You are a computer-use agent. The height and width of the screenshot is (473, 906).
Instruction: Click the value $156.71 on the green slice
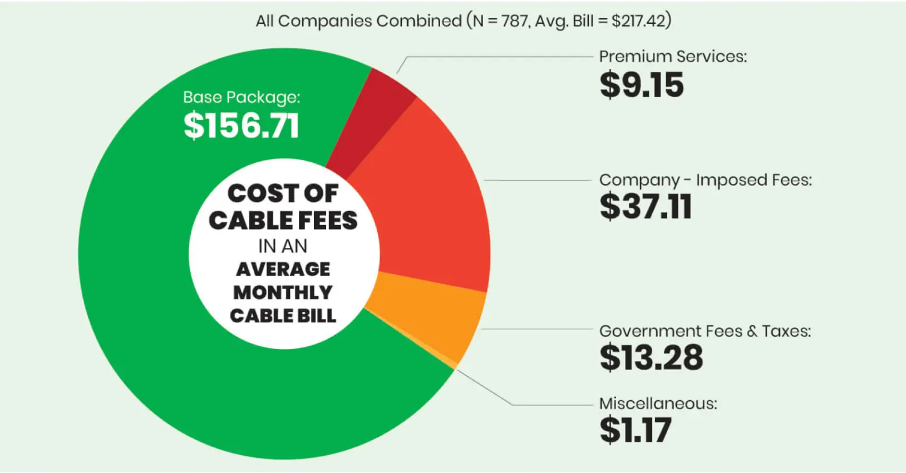[x=241, y=125]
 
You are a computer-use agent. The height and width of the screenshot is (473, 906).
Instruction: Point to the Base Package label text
[x=241, y=97]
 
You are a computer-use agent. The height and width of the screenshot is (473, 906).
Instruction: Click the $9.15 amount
[x=641, y=85]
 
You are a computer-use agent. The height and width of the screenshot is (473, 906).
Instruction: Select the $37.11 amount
[x=645, y=207]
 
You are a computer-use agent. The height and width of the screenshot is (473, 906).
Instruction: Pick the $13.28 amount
[x=651, y=357]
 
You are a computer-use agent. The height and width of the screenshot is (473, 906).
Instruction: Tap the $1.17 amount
[x=635, y=430]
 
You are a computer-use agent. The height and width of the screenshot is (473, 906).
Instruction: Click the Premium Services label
[x=672, y=56]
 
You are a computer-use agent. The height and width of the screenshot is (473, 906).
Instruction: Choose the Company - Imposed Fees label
[x=705, y=180]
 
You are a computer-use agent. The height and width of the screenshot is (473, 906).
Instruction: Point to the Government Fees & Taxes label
[x=705, y=331]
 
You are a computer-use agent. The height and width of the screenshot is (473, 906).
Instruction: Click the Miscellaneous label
[x=658, y=404]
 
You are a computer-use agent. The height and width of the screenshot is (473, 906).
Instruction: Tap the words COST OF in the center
[x=283, y=193]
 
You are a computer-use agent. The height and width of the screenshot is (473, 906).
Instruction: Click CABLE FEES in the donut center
[x=283, y=221]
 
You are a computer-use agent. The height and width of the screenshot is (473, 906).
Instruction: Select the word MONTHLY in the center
[x=283, y=292]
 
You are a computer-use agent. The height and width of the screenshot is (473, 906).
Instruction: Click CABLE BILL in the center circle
[x=283, y=316]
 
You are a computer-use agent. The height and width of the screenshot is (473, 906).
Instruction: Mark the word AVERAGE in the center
[x=283, y=270]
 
